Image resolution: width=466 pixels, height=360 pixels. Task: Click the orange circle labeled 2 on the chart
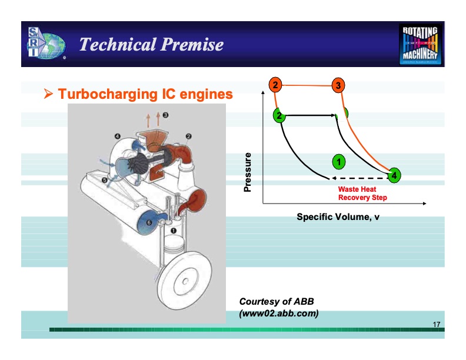[x=275, y=85]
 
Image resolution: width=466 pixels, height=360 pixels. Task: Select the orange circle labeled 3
[x=337, y=85]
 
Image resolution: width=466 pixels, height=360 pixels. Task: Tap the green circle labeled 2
[x=279, y=115]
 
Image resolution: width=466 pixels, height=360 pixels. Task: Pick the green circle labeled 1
[x=338, y=160]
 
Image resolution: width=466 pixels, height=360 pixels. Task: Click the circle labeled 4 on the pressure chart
[x=394, y=175]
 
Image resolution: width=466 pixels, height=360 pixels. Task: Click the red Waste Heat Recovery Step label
[x=362, y=194]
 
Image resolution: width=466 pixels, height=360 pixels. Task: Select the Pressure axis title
[x=248, y=172]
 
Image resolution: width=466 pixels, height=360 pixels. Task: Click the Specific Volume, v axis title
[x=338, y=217]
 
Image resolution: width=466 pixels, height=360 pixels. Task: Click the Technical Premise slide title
[x=151, y=45]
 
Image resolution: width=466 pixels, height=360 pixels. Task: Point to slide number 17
[x=436, y=325]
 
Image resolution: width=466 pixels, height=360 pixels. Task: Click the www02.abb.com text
[x=279, y=313]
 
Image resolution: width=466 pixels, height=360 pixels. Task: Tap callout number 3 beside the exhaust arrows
[x=166, y=115]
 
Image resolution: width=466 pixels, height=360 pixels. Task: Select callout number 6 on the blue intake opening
[x=149, y=223]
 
